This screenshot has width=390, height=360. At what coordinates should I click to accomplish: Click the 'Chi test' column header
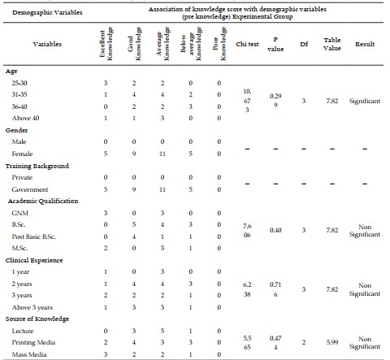(247, 44)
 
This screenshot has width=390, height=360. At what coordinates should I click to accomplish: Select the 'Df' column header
(304, 44)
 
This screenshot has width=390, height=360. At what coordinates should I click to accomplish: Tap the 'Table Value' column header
(332, 44)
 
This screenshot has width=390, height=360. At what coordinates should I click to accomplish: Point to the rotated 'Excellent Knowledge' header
(106, 44)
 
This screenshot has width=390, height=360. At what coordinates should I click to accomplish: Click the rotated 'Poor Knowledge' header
(219, 44)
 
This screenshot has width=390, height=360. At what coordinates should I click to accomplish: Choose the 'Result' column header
(365, 44)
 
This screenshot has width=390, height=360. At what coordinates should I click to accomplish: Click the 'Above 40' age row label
(25, 118)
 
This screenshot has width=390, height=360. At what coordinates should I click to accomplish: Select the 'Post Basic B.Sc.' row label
(33, 236)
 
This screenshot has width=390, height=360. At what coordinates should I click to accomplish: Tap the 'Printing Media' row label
(33, 342)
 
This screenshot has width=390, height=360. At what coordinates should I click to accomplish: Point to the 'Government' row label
(30, 189)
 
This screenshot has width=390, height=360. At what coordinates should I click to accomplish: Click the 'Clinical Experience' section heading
(34, 260)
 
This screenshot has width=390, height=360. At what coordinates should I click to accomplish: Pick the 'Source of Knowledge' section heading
(37, 319)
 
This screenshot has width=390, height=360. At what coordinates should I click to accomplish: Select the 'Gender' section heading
(16, 130)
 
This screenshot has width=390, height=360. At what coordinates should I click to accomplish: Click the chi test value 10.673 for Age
(247, 101)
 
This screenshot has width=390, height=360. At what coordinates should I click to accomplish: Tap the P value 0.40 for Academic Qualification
(275, 230)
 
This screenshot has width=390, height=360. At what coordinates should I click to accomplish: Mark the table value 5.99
(332, 342)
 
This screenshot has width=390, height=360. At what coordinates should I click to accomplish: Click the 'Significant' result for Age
(365, 101)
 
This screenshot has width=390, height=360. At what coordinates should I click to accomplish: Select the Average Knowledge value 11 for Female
(162, 154)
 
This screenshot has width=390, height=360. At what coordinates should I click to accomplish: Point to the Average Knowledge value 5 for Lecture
(162, 331)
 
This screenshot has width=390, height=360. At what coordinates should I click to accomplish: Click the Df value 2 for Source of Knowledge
(304, 342)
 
